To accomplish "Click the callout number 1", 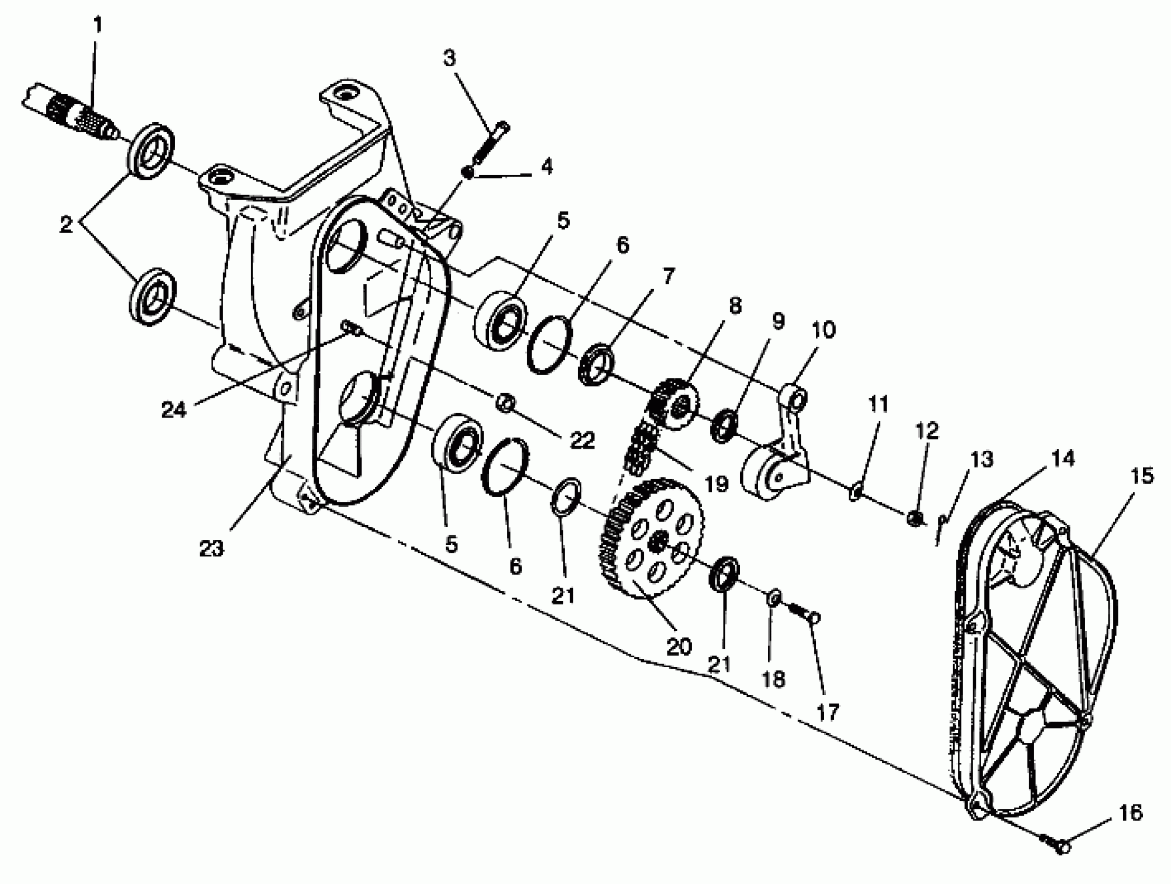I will (x=97, y=25).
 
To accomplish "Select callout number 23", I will (x=211, y=549).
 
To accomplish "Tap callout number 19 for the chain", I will (x=717, y=483).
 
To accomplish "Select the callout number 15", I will (x=1142, y=476).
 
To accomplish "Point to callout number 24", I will (x=174, y=409).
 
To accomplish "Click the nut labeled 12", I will (x=915, y=519).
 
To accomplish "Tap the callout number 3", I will (x=449, y=58).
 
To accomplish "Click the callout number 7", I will (x=668, y=276).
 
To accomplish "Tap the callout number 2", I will (x=66, y=225).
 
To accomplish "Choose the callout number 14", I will (x=1063, y=459).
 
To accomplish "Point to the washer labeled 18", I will (x=772, y=598).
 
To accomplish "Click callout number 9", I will (x=777, y=321).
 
